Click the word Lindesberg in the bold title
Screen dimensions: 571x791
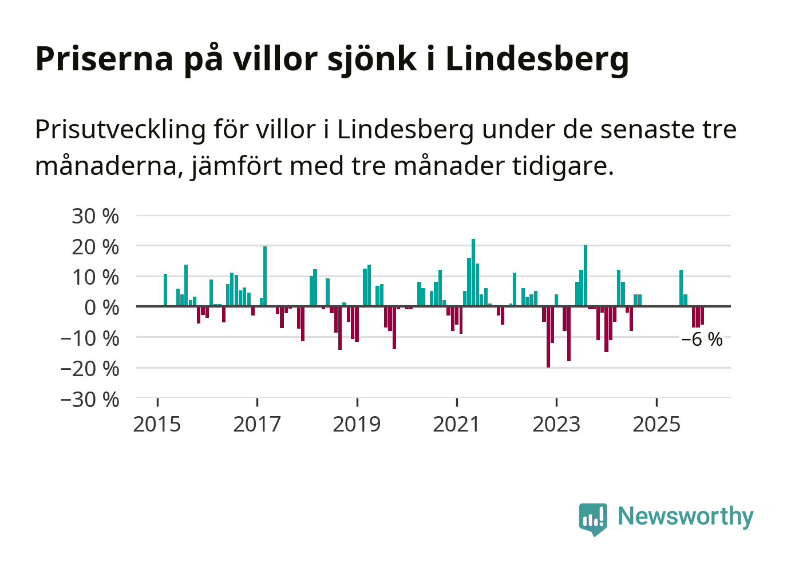pyautogui.click(x=537, y=59)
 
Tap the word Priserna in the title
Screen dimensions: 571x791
pyautogui.click(x=104, y=59)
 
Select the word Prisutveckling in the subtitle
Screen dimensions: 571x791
pyautogui.click(x=120, y=130)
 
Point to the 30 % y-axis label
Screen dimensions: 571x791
pyautogui.click(x=95, y=216)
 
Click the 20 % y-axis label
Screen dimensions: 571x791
pyautogui.click(x=95, y=247)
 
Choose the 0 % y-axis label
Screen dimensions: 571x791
pyautogui.click(x=101, y=308)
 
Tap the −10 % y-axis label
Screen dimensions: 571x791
pyautogui.click(x=90, y=338)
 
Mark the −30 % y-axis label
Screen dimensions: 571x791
pyautogui.click(x=90, y=399)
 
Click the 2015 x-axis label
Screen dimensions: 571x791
pyautogui.click(x=157, y=425)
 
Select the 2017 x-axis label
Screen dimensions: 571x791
pyautogui.click(x=257, y=425)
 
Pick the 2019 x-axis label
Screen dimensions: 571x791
pyautogui.click(x=357, y=425)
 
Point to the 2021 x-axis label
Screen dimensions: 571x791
pyautogui.click(x=457, y=425)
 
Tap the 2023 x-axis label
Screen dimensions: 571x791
pyautogui.click(x=556, y=425)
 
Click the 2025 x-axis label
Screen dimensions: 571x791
pyautogui.click(x=656, y=425)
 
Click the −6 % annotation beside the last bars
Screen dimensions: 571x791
pyautogui.click(x=702, y=340)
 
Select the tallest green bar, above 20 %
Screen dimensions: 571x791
pyautogui.click(x=473, y=272)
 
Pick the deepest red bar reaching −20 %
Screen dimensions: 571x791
pyautogui.click(x=548, y=337)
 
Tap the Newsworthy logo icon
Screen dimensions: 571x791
pyautogui.click(x=592, y=518)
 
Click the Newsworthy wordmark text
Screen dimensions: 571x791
pyautogui.click(x=686, y=516)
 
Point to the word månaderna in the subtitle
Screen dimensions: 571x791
pyautogui.click(x=108, y=166)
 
